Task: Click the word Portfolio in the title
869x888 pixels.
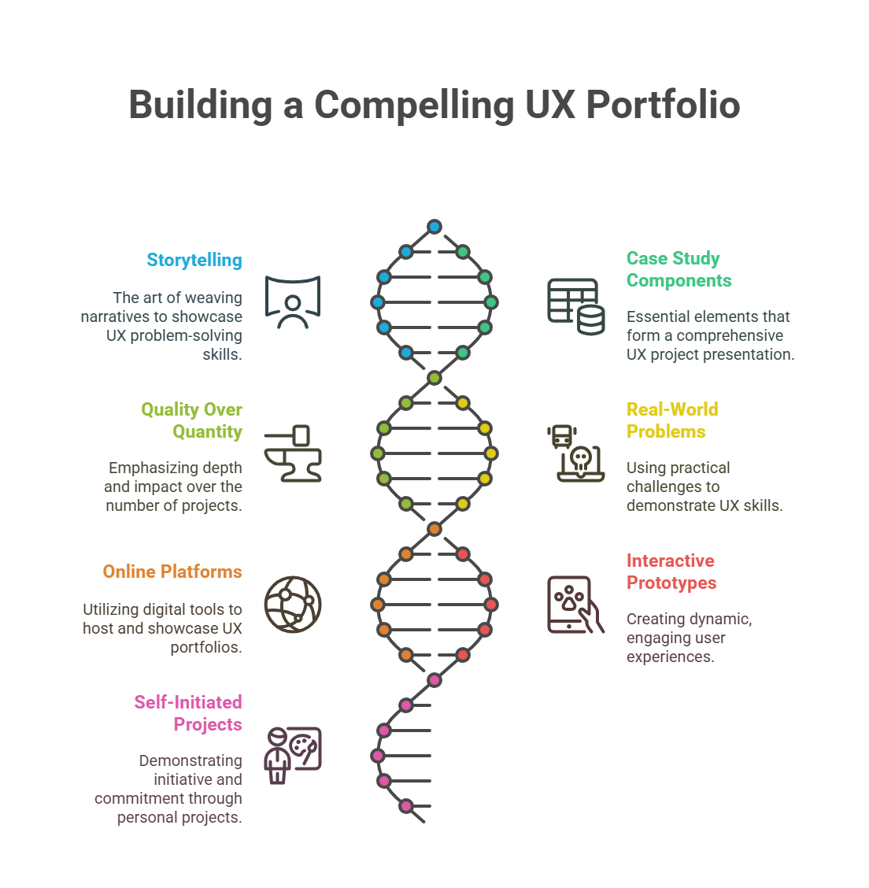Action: [663, 105]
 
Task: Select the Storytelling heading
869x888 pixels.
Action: [194, 260]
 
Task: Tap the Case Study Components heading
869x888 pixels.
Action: [679, 269]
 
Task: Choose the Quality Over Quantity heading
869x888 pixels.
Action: [191, 420]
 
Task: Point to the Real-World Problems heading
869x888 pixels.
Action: [672, 420]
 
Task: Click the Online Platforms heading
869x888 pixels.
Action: [172, 572]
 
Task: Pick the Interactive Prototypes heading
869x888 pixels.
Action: [671, 572]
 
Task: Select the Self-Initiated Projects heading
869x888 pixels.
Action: [188, 713]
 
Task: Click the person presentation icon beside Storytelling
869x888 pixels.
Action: [293, 302]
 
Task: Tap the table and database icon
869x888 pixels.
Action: [575, 306]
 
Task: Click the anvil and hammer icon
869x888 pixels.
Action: [293, 453]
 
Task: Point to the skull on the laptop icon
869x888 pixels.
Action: [580, 459]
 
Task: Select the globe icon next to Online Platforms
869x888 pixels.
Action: [293, 605]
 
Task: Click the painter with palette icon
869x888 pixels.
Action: [293, 756]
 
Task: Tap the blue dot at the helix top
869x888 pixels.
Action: [434, 227]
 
